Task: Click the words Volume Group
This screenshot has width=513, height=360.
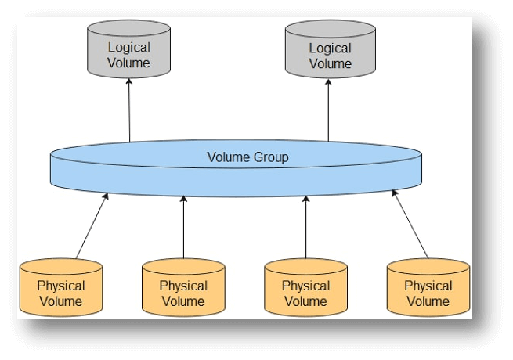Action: click(x=247, y=157)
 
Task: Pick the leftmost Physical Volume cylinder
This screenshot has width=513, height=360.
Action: click(x=61, y=289)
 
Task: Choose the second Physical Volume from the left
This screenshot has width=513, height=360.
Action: click(x=183, y=289)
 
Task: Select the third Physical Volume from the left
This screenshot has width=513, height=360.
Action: click(x=305, y=289)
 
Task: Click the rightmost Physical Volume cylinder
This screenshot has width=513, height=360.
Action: click(x=428, y=289)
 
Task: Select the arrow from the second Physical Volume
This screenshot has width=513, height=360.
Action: click(x=183, y=227)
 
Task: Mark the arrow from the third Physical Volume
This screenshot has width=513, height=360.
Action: click(x=305, y=227)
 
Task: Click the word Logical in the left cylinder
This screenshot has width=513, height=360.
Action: click(x=128, y=48)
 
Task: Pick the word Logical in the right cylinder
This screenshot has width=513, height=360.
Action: click(x=330, y=48)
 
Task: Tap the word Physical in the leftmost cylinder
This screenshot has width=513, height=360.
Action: click(x=61, y=286)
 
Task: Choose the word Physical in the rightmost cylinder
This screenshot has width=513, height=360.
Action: click(x=428, y=286)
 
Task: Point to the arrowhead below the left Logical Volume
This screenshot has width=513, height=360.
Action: click(x=128, y=83)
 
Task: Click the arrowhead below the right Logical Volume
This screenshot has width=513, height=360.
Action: click(x=329, y=83)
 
